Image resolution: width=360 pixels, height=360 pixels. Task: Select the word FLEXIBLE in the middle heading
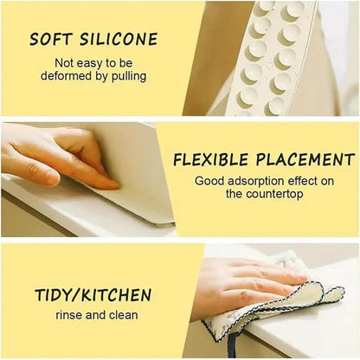[x=211, y=160]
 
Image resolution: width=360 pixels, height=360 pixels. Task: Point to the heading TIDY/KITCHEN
[x=93, y=295]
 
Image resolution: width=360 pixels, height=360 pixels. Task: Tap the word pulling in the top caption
[x=126, y=76]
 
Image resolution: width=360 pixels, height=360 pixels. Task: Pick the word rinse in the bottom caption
[x=70, y=315]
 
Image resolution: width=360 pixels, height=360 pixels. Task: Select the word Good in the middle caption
[x=209, y=181]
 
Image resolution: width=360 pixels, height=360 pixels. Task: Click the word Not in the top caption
[x=65, y=63]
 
